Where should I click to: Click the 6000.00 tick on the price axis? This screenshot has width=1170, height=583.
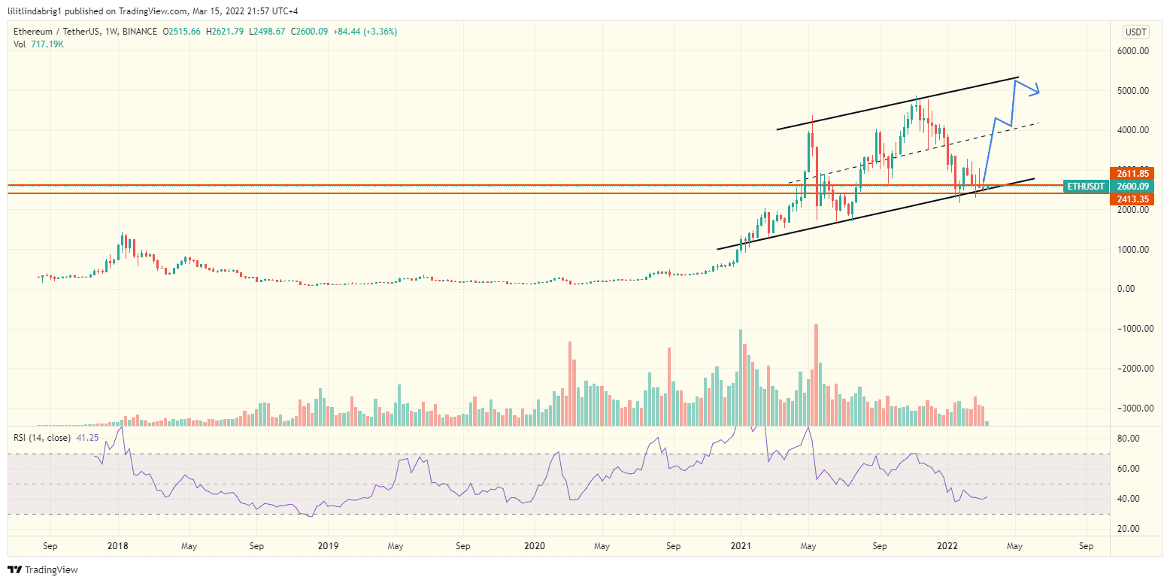(1134, 51)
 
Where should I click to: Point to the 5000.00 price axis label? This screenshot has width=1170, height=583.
(1134, 91)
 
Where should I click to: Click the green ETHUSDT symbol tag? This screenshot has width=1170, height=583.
(1086, 187)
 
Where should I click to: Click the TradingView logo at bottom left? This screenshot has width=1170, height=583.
(43, 569)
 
